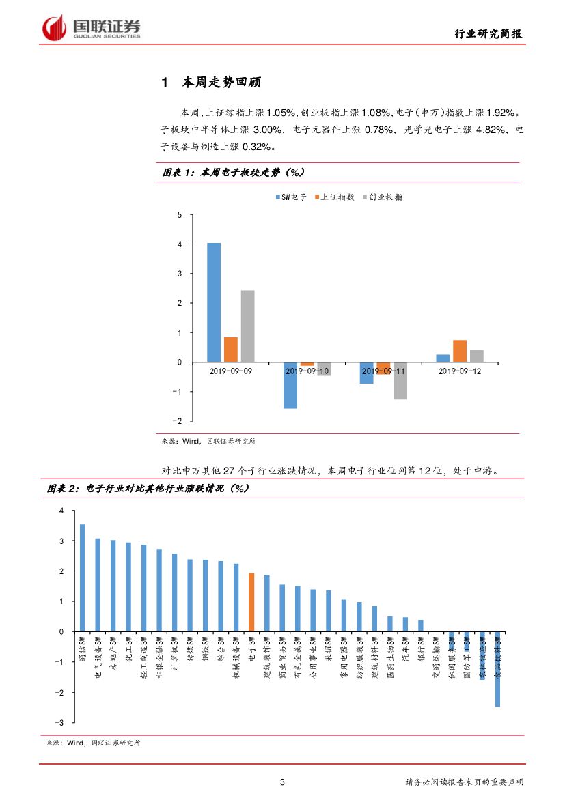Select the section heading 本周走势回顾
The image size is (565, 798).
pos(221,83)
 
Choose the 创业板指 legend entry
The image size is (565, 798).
pos(382,197)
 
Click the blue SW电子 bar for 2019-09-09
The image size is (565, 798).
pos(214,302)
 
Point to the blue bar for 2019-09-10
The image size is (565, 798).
pos(290,385)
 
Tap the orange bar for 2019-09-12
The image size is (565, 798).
pos(460,351)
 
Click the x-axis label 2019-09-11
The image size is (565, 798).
pos(383,371)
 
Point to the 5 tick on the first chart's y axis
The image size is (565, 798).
pos(180,215)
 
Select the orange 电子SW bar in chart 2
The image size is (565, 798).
pos(251,602)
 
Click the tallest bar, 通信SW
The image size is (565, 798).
pos(82,578)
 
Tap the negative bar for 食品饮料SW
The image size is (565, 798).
pos(497,669)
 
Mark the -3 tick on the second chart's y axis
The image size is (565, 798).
pos(61,722)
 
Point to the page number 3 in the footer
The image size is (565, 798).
pos(282,782)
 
